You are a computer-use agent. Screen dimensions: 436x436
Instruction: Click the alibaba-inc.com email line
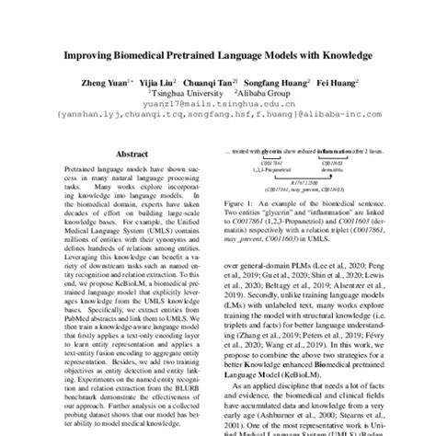point(217,116)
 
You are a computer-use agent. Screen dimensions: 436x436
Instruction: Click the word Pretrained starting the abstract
point(79,171)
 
